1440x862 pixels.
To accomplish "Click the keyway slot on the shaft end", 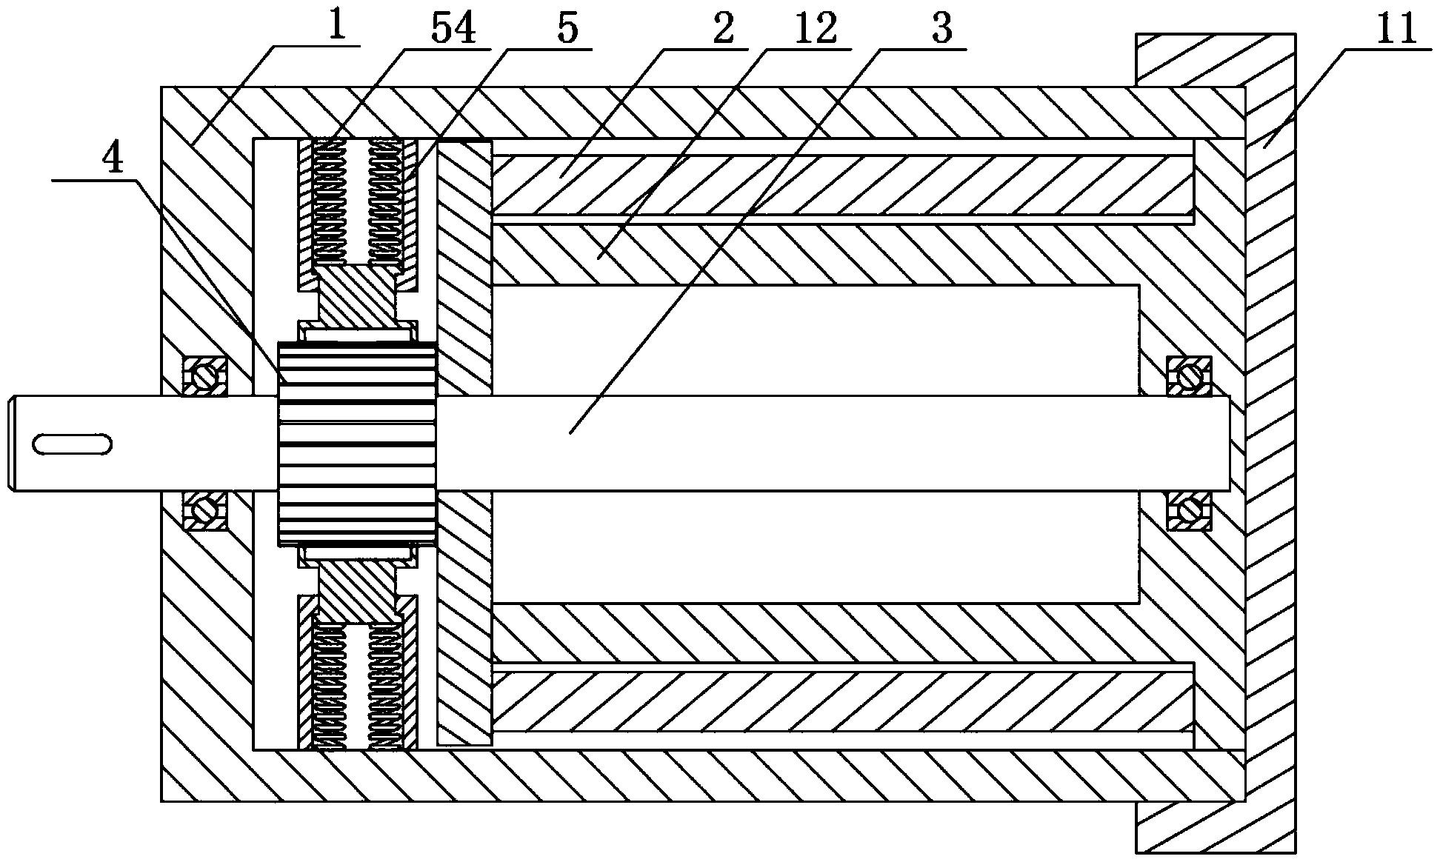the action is click(72, 444).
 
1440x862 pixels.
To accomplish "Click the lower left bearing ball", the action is click(205, 510).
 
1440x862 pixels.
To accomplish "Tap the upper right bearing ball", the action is click(1189, 376).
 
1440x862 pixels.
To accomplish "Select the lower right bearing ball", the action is click(1189, 509).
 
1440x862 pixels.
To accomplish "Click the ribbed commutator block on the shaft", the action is click(357, 444).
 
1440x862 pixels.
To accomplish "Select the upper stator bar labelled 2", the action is click(842, 185).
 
